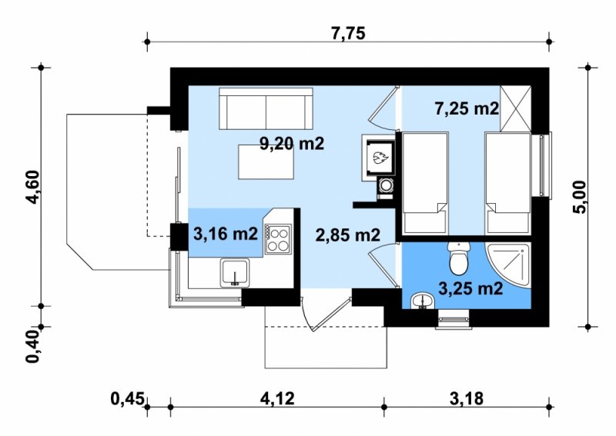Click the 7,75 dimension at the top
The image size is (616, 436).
(x=348, y=33)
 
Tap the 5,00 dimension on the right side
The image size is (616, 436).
(x=580, y=197)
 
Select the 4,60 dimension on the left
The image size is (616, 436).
(x=33, y=187)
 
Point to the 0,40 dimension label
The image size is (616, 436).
(x=33, y=346)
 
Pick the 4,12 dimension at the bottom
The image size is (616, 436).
(x=277, y=399)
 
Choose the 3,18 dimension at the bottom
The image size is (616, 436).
(x=467, y=399)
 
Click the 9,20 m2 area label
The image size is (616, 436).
(x=293, y=144)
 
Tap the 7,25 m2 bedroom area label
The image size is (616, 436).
(x=467, y=108)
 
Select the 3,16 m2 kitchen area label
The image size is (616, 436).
(x=226, y=234)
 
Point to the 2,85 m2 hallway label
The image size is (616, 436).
(x=348, y=235)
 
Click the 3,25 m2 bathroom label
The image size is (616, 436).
(x=470, y=289)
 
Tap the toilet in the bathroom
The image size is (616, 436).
(x=459, y=258)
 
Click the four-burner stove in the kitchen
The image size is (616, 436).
(x=278, y=239)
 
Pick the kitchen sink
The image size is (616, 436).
(x=235, y=272)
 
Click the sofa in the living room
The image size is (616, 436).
(x=266, y=108)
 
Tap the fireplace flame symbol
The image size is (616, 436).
(x=380, y=158)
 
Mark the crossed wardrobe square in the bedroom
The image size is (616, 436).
(x=515, y=108)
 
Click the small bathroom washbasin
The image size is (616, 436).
(x=422, y=301)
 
